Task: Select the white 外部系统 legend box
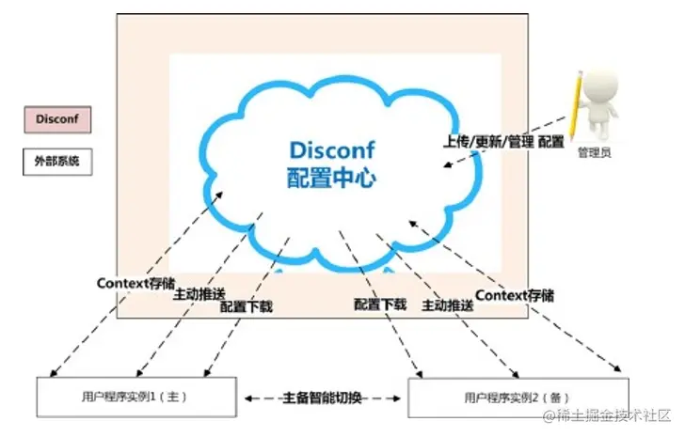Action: click(57, 161)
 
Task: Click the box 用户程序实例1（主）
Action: click(135, 397)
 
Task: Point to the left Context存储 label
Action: click(135, 282)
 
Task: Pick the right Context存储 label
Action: click(515, 295)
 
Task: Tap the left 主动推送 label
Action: click(199, 294)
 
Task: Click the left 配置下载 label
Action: click(246, 306)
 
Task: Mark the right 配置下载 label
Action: click(380, 304)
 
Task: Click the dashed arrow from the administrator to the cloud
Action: click(508, 144)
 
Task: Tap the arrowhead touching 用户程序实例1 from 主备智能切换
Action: click(248, 398)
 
